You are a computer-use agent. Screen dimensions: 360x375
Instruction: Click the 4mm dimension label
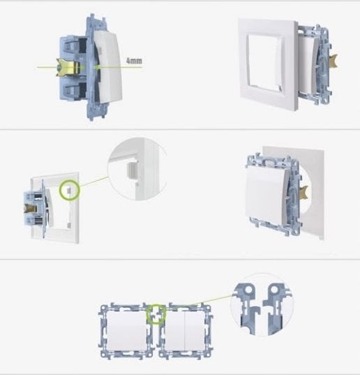134,61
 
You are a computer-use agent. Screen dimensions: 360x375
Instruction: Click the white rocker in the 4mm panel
108,67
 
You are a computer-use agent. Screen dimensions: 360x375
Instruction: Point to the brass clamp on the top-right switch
333,61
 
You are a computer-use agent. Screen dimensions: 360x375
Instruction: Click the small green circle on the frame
69,190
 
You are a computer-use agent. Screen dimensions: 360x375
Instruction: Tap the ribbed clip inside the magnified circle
133,170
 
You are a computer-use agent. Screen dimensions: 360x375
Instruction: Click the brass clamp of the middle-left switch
30,209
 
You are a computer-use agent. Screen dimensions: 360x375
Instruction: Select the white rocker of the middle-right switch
266,192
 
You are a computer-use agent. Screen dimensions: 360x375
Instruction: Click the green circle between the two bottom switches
156,314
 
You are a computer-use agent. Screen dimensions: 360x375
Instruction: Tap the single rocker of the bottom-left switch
127,331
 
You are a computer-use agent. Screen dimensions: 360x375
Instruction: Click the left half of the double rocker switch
175,331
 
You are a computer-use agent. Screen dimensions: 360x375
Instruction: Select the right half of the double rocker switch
195,331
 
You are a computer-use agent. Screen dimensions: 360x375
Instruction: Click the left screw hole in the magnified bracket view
248,290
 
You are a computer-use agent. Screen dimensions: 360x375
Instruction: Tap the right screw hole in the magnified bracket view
274,290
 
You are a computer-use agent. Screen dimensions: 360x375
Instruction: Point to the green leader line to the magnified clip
93,182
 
